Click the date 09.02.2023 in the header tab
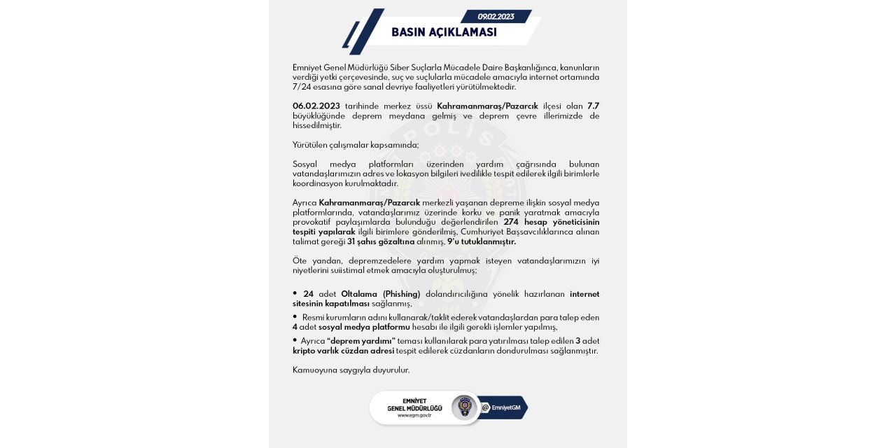coord(496,17)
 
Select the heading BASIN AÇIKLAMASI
coord(444,33)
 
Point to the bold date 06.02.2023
coord(316,106)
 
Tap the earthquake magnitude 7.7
coord(593,106)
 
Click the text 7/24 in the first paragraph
coord(302,87)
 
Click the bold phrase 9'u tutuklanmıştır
coord(482,241)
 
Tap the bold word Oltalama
coord(360,294)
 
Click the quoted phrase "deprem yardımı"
coord(361,341)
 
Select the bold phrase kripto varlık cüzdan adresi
coord(343,351)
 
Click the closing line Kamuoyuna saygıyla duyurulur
coord(351,370)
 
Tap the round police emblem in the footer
coord(463,407)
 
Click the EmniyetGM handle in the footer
coord(505,408)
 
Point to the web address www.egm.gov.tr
coord(414,415)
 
